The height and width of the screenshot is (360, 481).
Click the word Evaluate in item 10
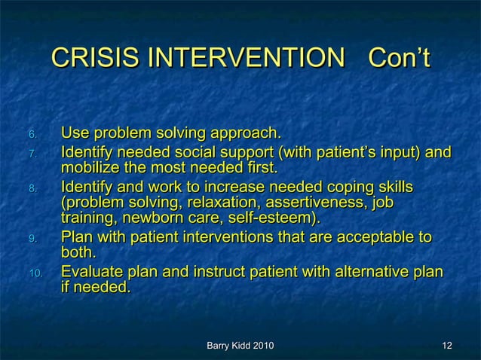(x=92, y=272)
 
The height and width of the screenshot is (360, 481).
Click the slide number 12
(x=447, y=346)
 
